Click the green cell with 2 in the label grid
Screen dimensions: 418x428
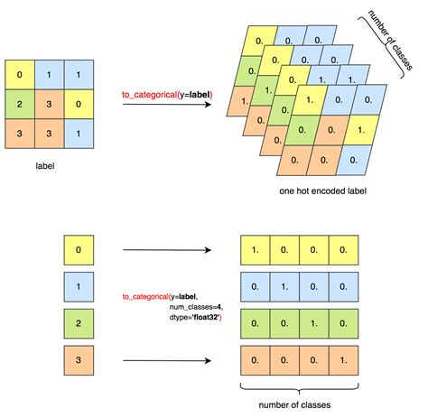(x=19, y=104)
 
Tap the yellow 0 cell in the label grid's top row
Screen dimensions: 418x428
(x=19, y=73)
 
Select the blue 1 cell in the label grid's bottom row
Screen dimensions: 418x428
(x=80, y=135)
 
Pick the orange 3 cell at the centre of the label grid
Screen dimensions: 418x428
(x=50, y=104)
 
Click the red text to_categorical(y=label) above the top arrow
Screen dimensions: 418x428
(x=167, y=95)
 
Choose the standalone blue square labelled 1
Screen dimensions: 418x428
(x=79, y=287)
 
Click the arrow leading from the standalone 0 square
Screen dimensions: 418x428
(x=163, y=249)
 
